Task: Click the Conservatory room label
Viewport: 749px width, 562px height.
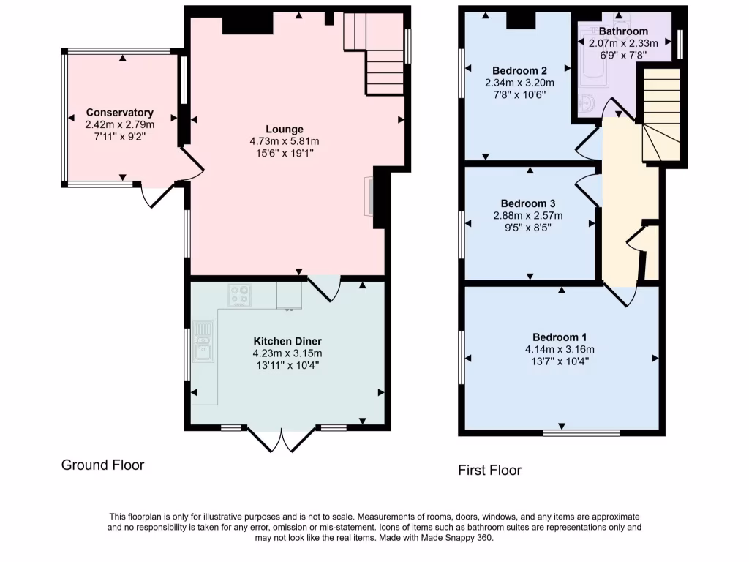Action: click(120, 113)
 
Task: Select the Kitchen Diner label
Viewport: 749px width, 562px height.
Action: click(287, 341)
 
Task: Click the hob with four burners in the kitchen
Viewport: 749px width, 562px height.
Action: click(239, 295)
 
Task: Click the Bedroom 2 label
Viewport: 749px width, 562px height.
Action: click(519, 70)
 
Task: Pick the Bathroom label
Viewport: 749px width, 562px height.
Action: click(623, 31)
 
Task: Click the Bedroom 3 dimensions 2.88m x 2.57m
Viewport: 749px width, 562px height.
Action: click(528, 216)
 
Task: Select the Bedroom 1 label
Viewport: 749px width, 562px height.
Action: click(560, 337)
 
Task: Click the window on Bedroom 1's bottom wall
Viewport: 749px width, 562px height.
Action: click(581, 432)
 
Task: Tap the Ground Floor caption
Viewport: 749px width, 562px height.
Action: click(102, 465)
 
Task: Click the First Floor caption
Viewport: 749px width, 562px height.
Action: click(489, 470)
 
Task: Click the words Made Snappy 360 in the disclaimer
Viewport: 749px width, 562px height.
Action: click(462, 538)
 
